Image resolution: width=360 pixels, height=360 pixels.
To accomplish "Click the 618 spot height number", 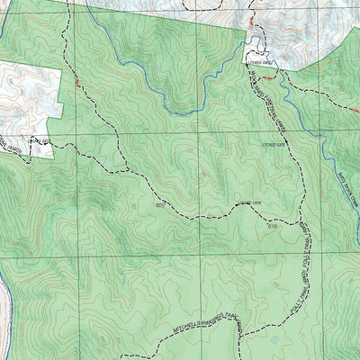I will pyautogui.click(x=271, y=225).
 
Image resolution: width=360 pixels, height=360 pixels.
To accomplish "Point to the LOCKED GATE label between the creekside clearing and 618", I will pyautogui.click(x=272, y=143).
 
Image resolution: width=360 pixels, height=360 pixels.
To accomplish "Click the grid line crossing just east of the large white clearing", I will pyautogui.click(x=87, y=133).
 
